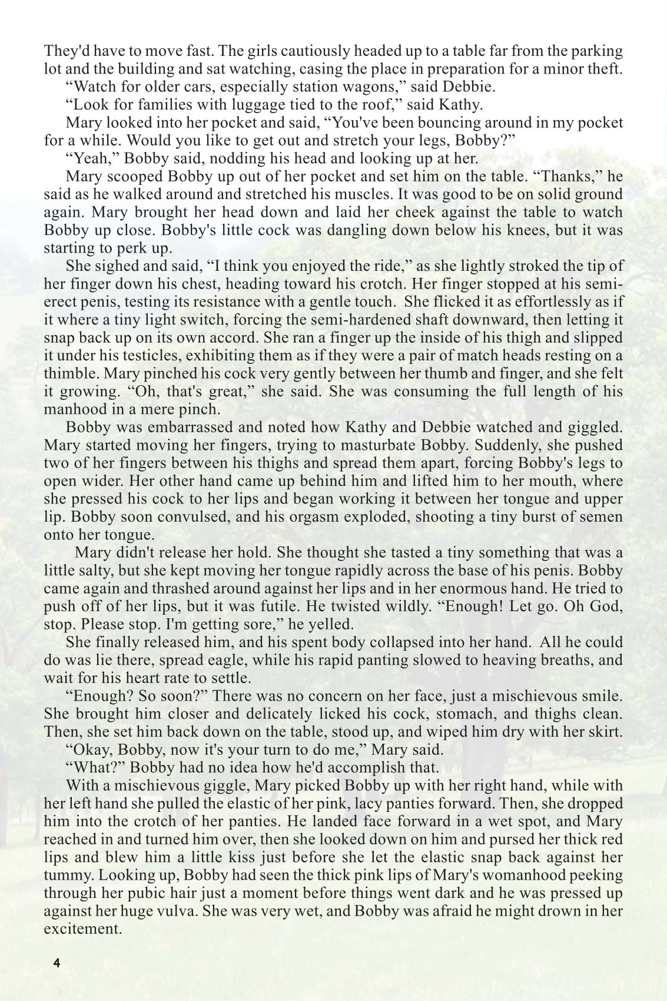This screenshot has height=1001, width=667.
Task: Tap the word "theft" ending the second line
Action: [x=603, y=69]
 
